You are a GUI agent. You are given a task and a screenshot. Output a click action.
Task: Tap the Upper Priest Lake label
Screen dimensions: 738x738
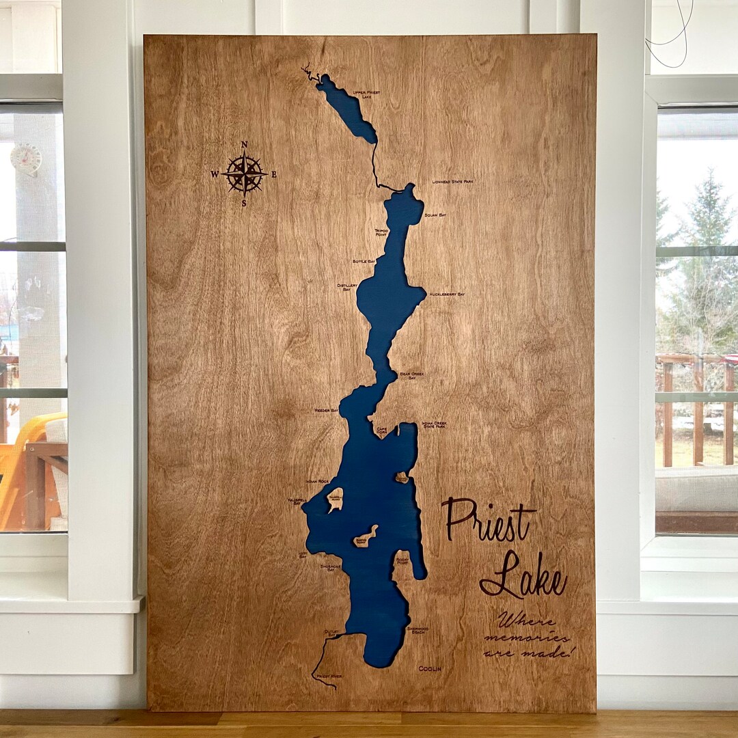pos(366,94)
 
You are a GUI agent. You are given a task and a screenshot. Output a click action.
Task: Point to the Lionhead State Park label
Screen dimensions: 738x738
pos(452,182)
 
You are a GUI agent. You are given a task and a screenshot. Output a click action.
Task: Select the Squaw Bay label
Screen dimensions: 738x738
pos(435,215)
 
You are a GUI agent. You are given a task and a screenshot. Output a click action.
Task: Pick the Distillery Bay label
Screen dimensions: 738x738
pos(347,286)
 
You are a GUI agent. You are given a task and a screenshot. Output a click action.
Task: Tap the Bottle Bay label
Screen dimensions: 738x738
pos(364,261)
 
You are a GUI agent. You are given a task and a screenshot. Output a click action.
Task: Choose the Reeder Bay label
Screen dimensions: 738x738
pos(326,410)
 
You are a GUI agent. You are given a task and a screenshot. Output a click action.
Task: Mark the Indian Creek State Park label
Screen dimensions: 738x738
pos(434,425)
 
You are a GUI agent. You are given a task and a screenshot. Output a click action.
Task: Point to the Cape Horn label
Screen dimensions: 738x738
pos(381,430)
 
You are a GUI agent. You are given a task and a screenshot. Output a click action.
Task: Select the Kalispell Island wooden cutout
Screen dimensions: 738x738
pos(335,500)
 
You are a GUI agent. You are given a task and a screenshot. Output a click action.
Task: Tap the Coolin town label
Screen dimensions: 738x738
pos(430,668)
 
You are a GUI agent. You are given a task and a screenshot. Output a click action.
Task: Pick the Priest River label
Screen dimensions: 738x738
pos(329,676)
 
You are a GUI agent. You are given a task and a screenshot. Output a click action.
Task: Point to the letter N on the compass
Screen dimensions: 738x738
pos(244,144)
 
